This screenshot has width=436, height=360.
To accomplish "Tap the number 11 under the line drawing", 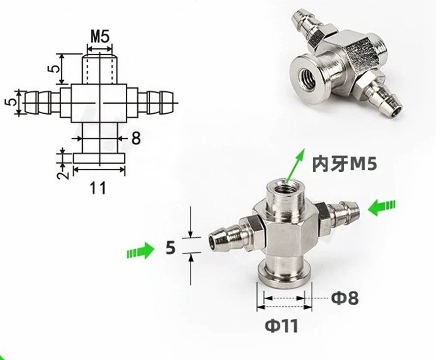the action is click(98, 188).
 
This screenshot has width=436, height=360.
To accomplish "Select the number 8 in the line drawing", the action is click(136, 138).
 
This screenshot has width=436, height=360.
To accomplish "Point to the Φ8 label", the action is click(345, 298).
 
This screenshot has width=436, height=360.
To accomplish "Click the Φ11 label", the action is click(282, 326).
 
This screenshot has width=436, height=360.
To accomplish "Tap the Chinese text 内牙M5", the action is click(345, 164).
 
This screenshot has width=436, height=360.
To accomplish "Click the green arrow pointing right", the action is click(140, 250).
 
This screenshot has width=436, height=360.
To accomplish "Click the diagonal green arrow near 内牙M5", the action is click(296, 166).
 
